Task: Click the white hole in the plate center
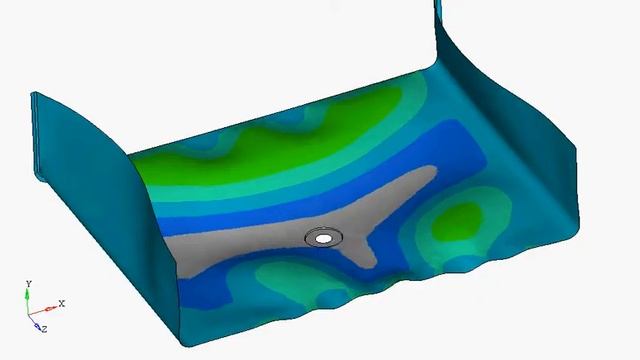tap(324, 239)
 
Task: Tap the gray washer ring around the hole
tap(311, 238)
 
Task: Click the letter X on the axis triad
tap(62, 303)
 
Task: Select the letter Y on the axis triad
tap(29, 283)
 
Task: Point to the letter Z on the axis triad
tap(44, 329)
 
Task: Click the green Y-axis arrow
tap(27, 301)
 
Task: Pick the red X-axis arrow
tap(42, 311)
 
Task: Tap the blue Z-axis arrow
tap(34, 322)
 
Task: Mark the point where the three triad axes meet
tap(28, 315)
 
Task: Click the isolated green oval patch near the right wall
tap(457, 222)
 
